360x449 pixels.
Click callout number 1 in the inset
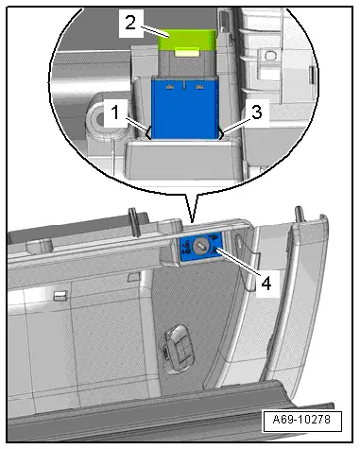(x=115, y=112)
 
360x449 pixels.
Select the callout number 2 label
(x=130, y=23)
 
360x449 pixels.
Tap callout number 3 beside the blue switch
(x=257, y=112)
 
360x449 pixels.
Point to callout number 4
(x=266, y=284)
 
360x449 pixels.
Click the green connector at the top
(x=187, y=41)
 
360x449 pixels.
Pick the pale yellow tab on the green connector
(x=187, y=53)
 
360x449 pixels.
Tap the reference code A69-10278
(x=301, y=420)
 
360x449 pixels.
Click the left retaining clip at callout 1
(x=148, y=132)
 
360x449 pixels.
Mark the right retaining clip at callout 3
(x=221, y=132)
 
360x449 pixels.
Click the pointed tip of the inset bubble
(x=192, y=221)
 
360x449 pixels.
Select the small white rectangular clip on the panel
(x=60, y=295)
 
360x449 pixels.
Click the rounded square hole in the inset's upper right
(x=270, y=56)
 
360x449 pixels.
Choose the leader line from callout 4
(x=239, y=261)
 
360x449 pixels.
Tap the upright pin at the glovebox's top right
(x=300, y=216)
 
